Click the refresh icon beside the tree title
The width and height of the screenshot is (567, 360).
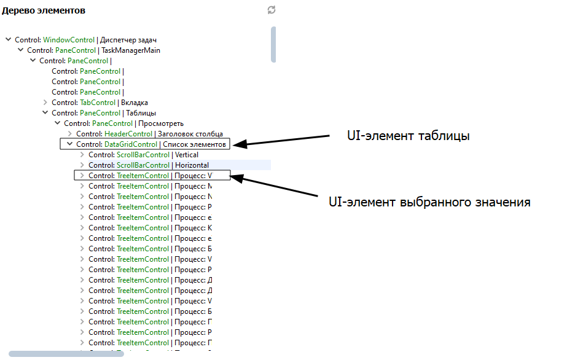[x=272, y=10]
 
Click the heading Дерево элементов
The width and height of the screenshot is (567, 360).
[x=44, y=10]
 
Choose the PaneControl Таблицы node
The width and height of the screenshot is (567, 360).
[x=103, y=113]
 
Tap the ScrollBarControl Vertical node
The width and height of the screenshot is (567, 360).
[x=143, y=155]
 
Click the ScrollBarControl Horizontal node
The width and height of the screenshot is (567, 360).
[x=148, y=165]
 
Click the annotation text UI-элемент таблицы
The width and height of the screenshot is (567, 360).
[x=409, y=136]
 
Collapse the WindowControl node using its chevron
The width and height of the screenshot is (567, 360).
[x=9, y=40]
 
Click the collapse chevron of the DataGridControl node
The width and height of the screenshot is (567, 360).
[x=70, y=144]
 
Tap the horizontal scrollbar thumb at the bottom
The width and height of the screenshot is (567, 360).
[x=66, y=354]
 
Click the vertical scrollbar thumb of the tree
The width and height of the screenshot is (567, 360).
[x=273, y=44]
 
